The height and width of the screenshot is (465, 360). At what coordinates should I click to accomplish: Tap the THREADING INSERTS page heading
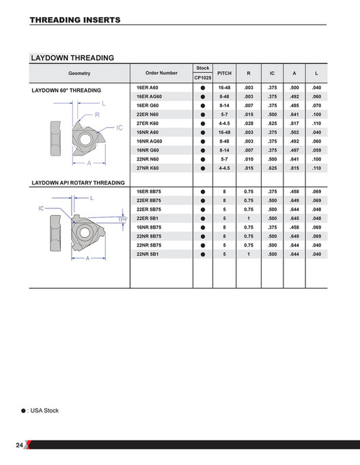pyautogui.click(x=75, y=20)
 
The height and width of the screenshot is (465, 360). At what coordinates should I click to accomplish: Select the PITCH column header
pyautogui.click(x=224, y=72)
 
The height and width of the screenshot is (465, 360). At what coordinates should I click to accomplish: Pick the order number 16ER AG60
pyautogui.click(x=149, y=97)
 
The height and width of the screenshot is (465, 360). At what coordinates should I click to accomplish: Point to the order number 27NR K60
pyautogui.click(x=148, y=167)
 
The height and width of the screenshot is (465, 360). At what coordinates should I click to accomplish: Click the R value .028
pyautogui.click(x=249, y=123)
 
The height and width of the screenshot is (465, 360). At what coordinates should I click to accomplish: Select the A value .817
pyautogui.click(x=294, y=123)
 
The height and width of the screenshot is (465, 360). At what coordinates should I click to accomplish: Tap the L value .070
pyautogui.click(x=316, y=106)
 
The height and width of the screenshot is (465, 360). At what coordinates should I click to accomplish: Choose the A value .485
pyautogui.click(x=294, y=106)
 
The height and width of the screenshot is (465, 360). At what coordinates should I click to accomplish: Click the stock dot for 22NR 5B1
pyautogui.click(x=203, y=253)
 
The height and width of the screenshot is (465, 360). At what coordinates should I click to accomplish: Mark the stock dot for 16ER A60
pyautogui.click(x=203, y=88)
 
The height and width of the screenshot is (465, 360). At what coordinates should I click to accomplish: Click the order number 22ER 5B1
pyautogui.click(x=148, y=219)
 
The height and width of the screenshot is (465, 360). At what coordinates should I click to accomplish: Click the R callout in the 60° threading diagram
pyautogui.click(x=98, y=116)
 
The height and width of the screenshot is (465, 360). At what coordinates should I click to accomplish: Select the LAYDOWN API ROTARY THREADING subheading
pyautogui.click(x=79, y=183)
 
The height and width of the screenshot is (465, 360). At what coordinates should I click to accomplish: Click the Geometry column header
pyautogui.click(x=79, y=72)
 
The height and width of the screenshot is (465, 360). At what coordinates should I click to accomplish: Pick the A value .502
pyautogui.click(x=294, y=132)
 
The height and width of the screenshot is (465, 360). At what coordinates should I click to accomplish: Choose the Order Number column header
pyautogui.click(x=161, y=72)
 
